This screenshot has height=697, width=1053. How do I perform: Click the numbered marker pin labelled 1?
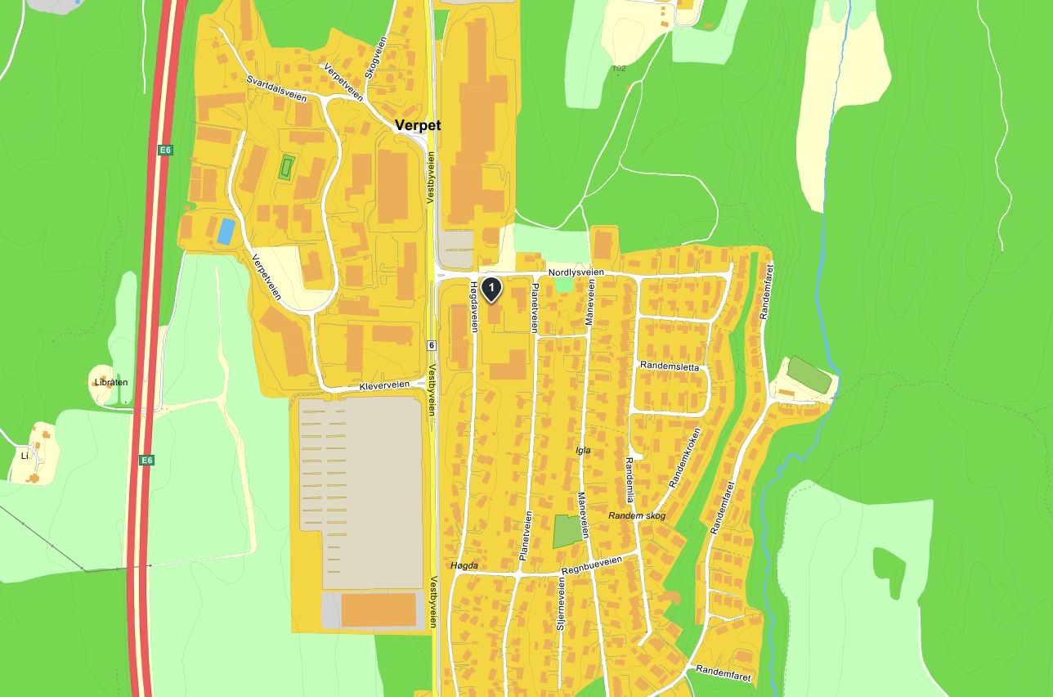tap(491, 288)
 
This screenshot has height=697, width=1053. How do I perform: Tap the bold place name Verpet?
tap(417, 125)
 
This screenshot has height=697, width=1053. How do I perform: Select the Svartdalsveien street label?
tap(276, 88)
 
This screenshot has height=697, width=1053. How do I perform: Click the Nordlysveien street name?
tap(576, 272)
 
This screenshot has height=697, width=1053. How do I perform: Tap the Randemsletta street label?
tap(670, 366)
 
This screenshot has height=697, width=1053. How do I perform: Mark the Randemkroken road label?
tap(685, 457)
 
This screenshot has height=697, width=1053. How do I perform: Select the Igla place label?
tap(582, 451)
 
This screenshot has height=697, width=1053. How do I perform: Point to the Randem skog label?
tap(637, 516)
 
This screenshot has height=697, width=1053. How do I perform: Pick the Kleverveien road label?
tap(384, 385)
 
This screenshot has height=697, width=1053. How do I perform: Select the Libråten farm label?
tap(111, 382)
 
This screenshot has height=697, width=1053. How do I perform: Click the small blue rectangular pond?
tap(226, 231)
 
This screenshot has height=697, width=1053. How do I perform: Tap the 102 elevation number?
tap(619, 68)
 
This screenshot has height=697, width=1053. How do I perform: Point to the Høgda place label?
tap(464, 566)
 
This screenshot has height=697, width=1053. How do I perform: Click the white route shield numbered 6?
tap(432, 345)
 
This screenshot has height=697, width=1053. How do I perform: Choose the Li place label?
tap(25, 456)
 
